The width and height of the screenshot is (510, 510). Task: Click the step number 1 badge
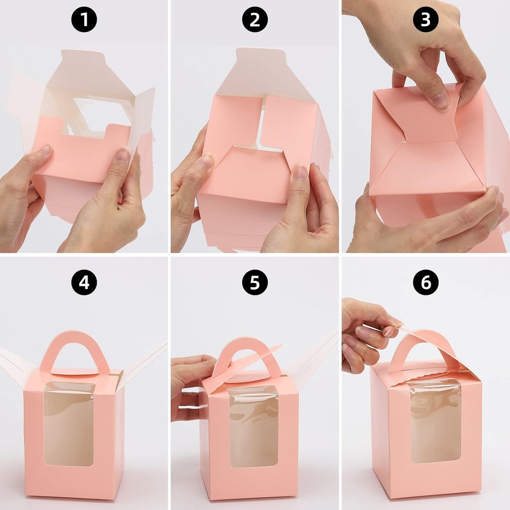click(84, 20)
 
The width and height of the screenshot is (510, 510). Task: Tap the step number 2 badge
click(255, 20)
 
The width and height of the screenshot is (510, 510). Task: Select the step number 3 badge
click(426, 20)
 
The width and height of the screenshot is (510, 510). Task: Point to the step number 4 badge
click(84, 282)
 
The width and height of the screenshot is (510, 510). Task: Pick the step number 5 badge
click(255, 282)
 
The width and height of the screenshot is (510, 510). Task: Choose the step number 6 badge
click(426, 282)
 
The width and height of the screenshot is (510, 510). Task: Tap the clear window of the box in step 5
click(254, 426)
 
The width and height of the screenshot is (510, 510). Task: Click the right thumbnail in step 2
click(300, 172)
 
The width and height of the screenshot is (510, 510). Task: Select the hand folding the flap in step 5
click(192, 383)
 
